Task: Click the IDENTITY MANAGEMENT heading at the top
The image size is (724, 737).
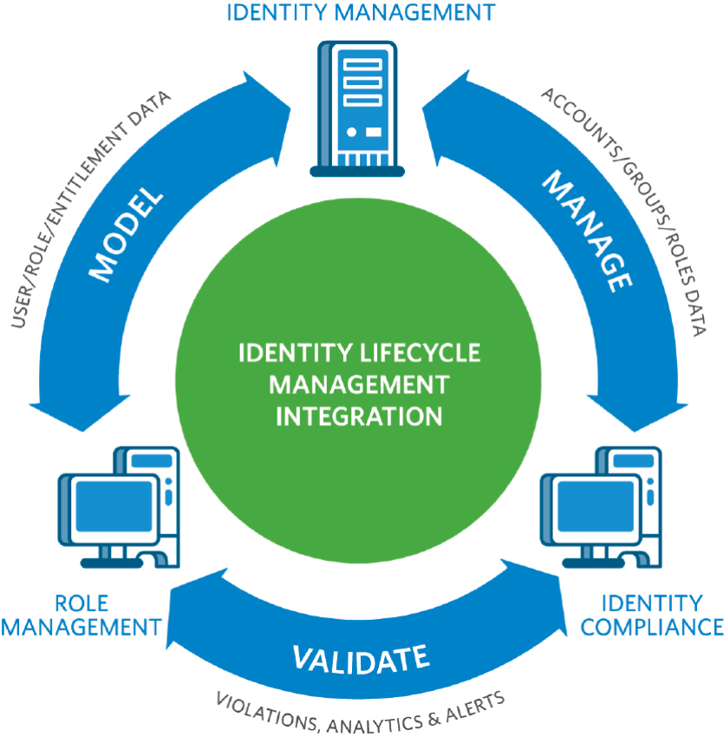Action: (361, 13)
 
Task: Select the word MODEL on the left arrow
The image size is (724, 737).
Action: (127, 233)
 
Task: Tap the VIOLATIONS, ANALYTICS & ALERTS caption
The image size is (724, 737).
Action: (360, 708)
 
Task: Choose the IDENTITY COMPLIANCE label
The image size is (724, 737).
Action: (651, 614)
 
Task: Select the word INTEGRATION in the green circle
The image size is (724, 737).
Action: (359, 415)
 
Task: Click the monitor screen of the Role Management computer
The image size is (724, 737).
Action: (101, 512)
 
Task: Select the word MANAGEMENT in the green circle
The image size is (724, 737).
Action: (359, 385)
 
